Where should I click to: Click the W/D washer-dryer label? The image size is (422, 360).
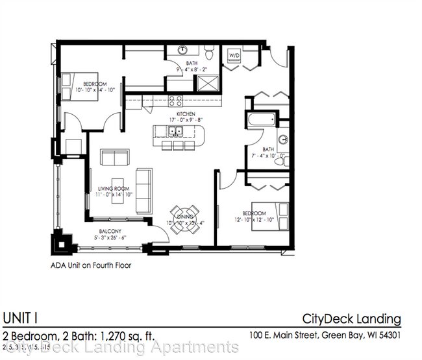tap(232, 56)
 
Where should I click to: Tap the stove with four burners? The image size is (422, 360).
tap(176, 101)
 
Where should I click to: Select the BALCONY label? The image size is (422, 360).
tap(108, 230)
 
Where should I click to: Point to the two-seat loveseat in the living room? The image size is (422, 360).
tap(114, 157)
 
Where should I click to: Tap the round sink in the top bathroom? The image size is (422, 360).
tap(184, 49)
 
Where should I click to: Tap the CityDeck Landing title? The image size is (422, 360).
tap(351, 318)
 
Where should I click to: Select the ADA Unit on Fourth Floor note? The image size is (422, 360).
tap(91, 264)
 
